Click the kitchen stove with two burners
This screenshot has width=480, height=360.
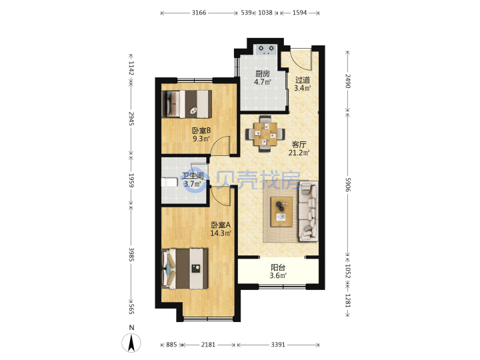coord(266,49)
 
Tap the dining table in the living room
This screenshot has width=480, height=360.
coord(265,134)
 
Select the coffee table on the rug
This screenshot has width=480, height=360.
coord(281,212)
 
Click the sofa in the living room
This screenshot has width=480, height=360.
coord(308,211)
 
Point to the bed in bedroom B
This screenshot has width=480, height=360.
coord(187,104)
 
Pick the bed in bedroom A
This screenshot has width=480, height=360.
coord(185,269)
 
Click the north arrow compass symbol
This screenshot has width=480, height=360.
coord(131,343)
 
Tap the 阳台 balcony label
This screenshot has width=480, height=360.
coord(278,267)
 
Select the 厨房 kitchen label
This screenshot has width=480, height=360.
coord(263,74)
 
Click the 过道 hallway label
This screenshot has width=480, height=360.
coord(303,80)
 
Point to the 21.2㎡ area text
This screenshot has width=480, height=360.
coord(299,153)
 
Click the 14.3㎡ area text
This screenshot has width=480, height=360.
coord(221,233)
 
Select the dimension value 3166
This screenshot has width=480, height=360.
coord(199,13)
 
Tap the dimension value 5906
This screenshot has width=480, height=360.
coord(348,185)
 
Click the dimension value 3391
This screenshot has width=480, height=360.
coord(278,345)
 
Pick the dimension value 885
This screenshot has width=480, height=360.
coord(171,345)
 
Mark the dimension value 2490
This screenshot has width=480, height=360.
coord(348,81)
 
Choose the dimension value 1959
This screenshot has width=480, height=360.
coord(131,181)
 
